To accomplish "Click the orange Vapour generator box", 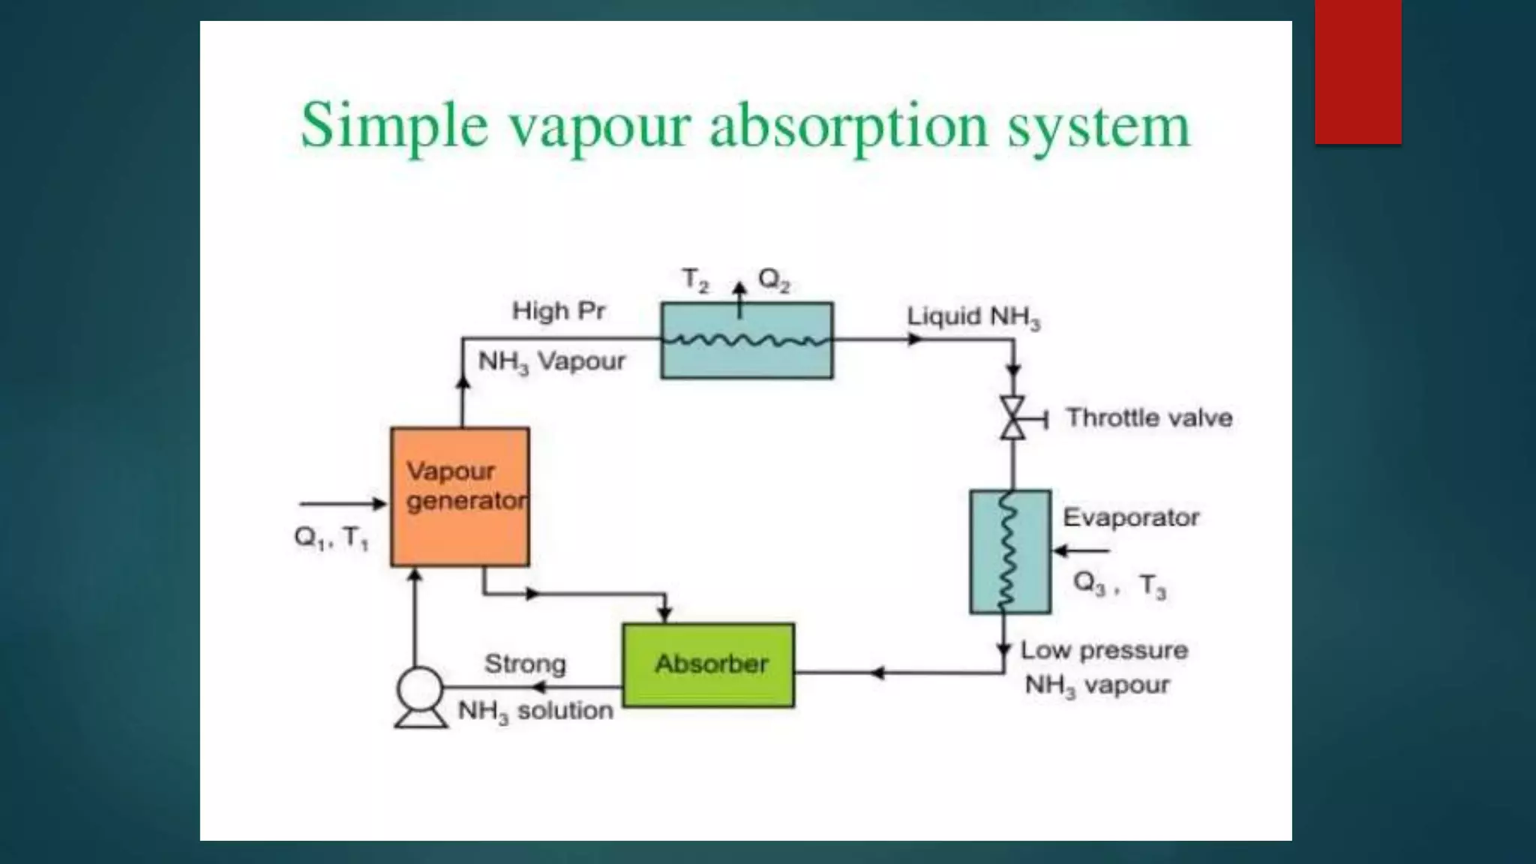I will point(460,496).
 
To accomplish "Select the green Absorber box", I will point(709,664).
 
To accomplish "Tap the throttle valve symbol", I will point(1013,418).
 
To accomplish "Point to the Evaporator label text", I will point(1131,517).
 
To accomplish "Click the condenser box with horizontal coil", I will point(747,340).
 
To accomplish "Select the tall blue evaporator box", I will point(1010,552).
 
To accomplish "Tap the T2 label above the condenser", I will point(695,280).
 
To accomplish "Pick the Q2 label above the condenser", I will point(774,280).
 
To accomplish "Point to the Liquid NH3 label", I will point(973,317).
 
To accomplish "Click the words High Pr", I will point(558,310).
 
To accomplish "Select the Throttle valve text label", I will point(1149,418).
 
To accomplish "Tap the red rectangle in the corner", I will point(1357,72).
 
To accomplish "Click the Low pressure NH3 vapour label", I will point(1103,667).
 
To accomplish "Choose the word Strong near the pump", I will point(525,664).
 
